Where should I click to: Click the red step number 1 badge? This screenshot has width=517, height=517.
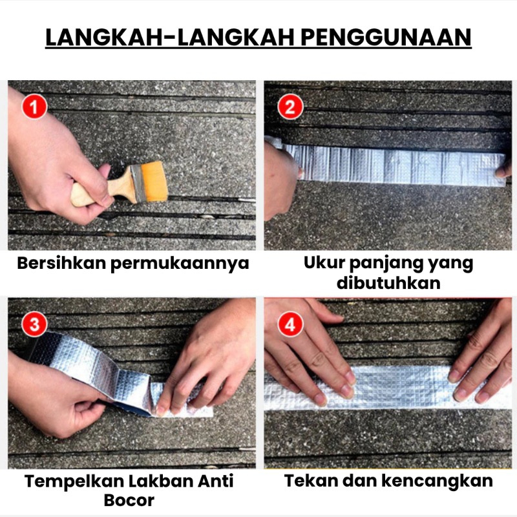point(35,107)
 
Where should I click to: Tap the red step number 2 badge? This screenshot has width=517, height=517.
point(290,107)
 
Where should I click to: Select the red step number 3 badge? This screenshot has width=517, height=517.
point(35,324)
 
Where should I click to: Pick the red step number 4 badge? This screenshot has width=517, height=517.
point(290,324)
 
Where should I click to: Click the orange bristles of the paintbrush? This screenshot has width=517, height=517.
point(154,182)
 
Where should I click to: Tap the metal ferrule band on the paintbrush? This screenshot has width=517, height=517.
point(138,183)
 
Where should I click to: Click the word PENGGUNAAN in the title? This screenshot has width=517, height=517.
point(386,37)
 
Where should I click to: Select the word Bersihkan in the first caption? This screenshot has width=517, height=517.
point(61,263)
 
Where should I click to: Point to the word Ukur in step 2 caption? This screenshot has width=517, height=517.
point(324,263)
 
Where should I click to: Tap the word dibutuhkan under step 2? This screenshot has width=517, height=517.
point(388,282)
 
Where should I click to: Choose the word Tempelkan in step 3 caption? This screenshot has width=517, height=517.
point(74,481)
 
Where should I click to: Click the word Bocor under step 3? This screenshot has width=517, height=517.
point(129,500)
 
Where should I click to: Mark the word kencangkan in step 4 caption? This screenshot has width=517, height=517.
point(438,480)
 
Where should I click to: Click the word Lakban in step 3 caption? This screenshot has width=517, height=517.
point(160,480)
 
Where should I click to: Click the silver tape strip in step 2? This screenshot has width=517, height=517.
point(392,164)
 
